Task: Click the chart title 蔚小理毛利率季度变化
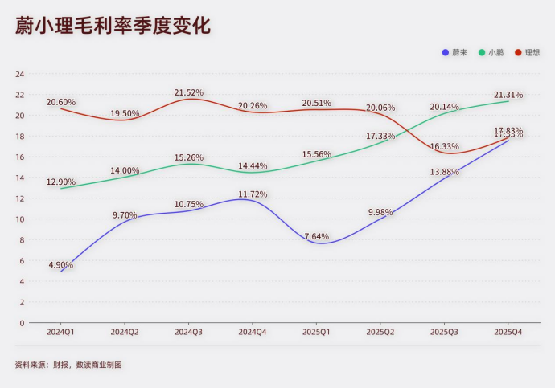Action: point(113,26)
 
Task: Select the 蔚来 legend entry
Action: point(455,53)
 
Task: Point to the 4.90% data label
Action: point(61,264)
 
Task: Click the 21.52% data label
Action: point(188,92)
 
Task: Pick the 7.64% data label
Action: point(316,236)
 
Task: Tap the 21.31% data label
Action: point(508,95)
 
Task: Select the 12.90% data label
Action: point(61,182)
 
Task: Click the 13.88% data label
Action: point(445,172)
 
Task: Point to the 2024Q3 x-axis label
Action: point(188,332)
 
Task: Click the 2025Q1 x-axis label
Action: point(316,332)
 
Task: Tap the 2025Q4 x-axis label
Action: point(508,332)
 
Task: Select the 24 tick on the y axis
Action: point(20,74)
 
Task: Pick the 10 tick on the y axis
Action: point(20,219)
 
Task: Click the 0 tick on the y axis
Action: point(23,323)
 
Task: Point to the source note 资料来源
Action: point(68,365)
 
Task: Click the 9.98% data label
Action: point(380,211)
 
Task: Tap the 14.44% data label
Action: point(253,165)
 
